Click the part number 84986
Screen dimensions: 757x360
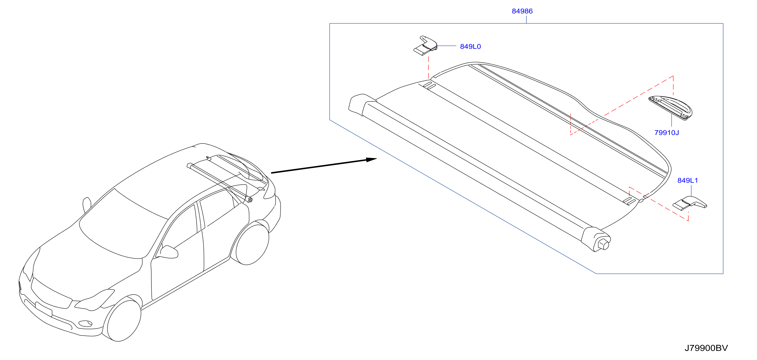click(x=522, y=11)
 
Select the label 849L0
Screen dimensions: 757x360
click(x=470, y=46)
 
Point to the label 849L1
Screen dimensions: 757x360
click(x=687, y=180)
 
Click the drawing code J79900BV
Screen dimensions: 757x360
click(x=706, y=348)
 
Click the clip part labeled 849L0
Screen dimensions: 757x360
click(x=425, y=46)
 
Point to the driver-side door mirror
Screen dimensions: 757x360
click(x=168, y=252)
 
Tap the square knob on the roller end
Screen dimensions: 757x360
click(x=603, y=245)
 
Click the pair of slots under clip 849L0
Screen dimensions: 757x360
click(x=429, y=86)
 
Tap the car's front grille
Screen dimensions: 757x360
click(x=51, y=294)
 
